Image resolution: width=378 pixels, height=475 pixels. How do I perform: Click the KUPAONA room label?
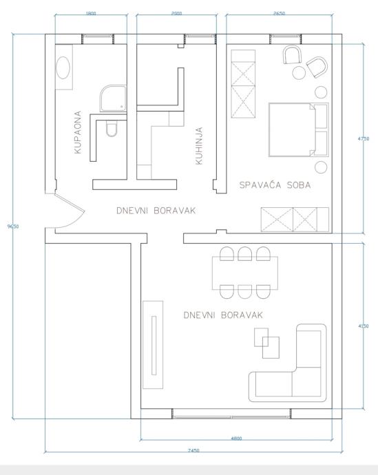[x=78, y=132]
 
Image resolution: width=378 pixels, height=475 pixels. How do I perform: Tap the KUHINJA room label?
[x=199, y=146]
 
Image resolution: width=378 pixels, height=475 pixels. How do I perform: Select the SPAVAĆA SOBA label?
[x=275, y=184]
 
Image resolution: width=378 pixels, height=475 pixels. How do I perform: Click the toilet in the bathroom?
[x=112, y=129]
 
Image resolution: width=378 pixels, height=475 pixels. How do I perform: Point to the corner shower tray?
[x=113, y=98]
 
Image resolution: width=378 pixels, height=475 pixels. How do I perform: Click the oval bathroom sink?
[x=63, y=68]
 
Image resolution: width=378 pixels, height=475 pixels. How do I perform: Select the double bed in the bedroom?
[x=298, y=129]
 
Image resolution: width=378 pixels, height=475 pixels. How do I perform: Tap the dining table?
[x=245, y=273]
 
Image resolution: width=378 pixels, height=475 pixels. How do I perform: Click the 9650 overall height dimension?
[x=13, y=226]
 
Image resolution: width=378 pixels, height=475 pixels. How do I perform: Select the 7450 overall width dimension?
[x=193, y=450]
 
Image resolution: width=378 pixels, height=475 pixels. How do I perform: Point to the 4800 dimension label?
[x=236, y=439]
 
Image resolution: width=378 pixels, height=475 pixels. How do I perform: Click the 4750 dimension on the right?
[x=364, y=139]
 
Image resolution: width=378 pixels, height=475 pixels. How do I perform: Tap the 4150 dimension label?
[x=364, y=326]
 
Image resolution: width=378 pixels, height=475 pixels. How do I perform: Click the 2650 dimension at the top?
[x=279, y=13]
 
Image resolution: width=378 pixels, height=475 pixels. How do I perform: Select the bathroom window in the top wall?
[x=98, y=39]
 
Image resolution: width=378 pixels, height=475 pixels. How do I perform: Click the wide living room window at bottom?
[x=232, y=414]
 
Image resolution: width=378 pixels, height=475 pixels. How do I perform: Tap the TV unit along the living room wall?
[x=153, y=345]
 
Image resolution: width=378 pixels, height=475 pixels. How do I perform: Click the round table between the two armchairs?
[x=299, y=73]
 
